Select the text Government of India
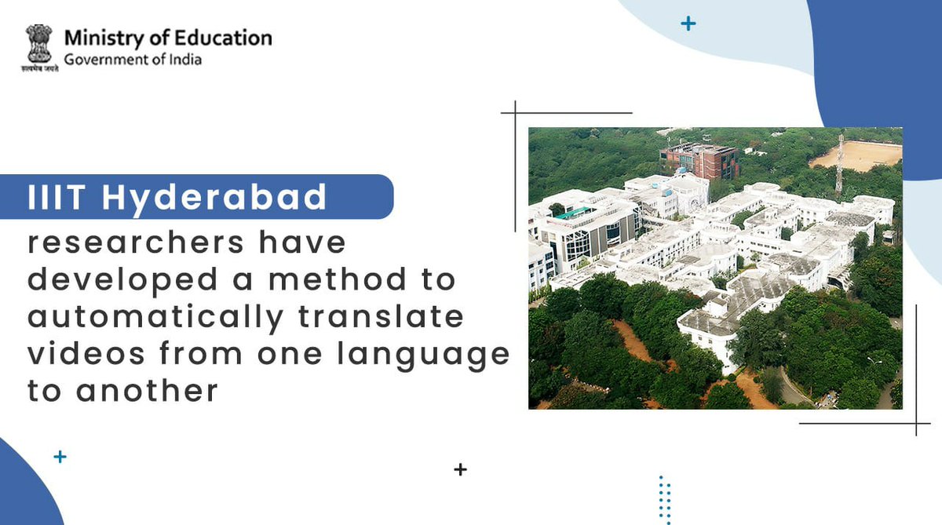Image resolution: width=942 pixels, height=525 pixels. point(133,60)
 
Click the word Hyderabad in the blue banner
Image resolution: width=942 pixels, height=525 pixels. point(214,197)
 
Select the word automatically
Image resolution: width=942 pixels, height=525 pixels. point(154,317)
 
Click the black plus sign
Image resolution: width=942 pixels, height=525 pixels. point(461,470)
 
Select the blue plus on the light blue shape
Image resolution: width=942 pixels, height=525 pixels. point(688,24)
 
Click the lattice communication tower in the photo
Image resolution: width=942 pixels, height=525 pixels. point(839,164)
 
